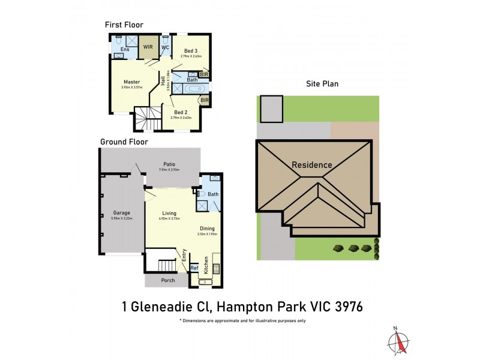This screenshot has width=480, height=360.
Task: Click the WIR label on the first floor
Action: (148, 46)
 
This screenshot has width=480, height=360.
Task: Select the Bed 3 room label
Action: (191, 51)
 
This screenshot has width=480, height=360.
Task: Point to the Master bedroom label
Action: (132, 82)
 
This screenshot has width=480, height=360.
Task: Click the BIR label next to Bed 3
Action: (204, 74)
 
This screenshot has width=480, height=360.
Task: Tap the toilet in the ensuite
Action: (119, 39)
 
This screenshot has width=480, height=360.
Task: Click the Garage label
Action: (122, 213)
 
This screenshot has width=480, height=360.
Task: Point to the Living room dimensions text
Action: (169, 219)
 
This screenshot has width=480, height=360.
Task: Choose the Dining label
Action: (208, 228)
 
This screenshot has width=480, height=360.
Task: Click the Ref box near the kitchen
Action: (194, 268)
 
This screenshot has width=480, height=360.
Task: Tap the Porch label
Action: (168, 280)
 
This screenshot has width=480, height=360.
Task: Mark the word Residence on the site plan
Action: (312, 165)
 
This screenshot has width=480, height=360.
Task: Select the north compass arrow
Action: (396, 338)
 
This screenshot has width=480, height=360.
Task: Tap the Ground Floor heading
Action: (124, 142)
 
